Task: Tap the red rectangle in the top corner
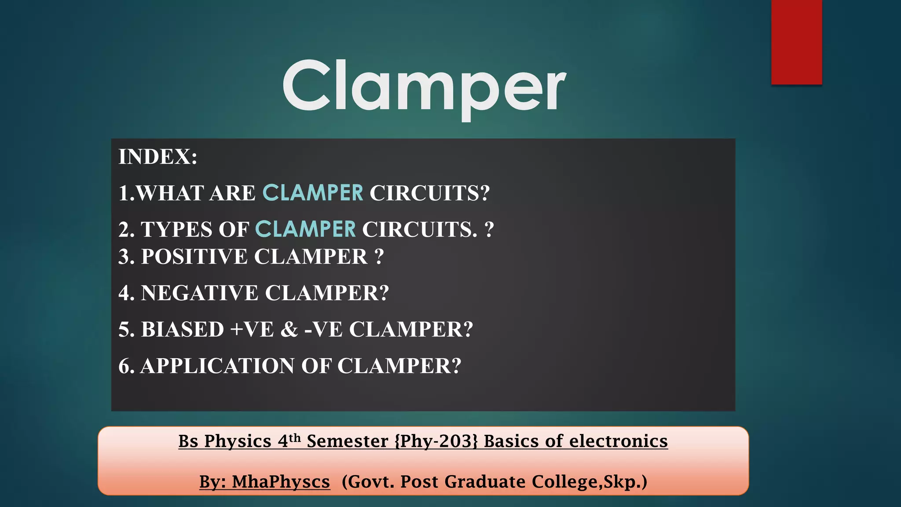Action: tap(796, 42)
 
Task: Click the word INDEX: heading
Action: tap(158, 157)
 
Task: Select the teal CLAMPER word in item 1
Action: tap(313, 193)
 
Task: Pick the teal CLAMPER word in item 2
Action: tap(305, 229)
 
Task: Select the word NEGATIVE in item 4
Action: tap(199, 293)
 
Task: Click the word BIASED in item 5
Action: tap(182, 330)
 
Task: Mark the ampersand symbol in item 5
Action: tap(289, 330)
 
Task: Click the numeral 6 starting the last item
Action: tap(124, 366)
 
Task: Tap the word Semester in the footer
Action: tap(347, 441)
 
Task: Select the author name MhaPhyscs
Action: tap(281, 482)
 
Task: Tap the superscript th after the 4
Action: tap(295, 437)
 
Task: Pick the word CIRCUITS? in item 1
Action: tap(429, 193)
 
